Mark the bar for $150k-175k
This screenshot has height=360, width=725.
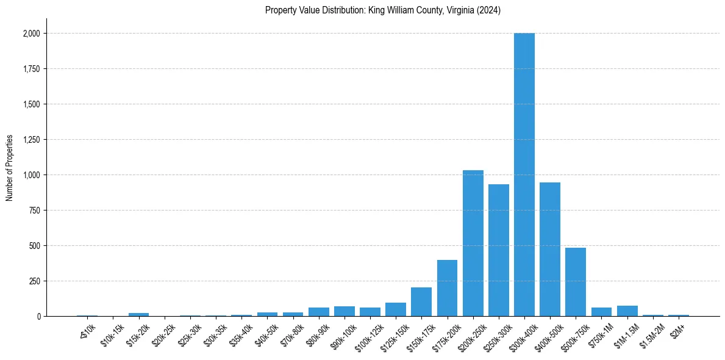(421, 302)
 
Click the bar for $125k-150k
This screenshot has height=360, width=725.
(396, 309)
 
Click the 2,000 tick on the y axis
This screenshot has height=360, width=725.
(32, 34)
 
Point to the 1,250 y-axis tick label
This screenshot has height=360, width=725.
(32, 140)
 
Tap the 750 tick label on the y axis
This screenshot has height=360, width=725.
(35, 211)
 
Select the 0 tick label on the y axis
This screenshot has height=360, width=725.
(38, 317)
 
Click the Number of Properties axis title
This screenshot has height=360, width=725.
(9, 167)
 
